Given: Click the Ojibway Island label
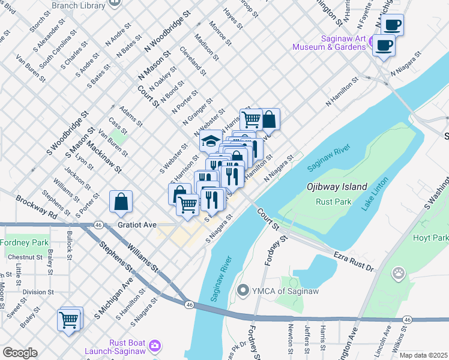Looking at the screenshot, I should pos(337,187).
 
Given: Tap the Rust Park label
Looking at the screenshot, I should pos(334,201).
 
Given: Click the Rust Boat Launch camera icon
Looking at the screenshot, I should pos(155,345).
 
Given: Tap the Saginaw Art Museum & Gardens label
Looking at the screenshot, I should pos(329,42).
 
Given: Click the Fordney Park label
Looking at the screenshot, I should pos(24,243).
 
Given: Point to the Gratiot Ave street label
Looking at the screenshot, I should pos(136,224).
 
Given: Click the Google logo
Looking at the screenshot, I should pos(20,353).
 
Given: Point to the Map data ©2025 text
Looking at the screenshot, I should pos(423,355).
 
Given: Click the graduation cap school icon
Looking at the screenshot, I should pos(211,141).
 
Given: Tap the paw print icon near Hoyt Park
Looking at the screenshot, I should pos(398,274).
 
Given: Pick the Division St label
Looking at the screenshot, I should pos(38,292).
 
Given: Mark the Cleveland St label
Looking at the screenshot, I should pos(193,61).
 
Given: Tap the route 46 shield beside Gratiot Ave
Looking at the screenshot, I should pos(97,224).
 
